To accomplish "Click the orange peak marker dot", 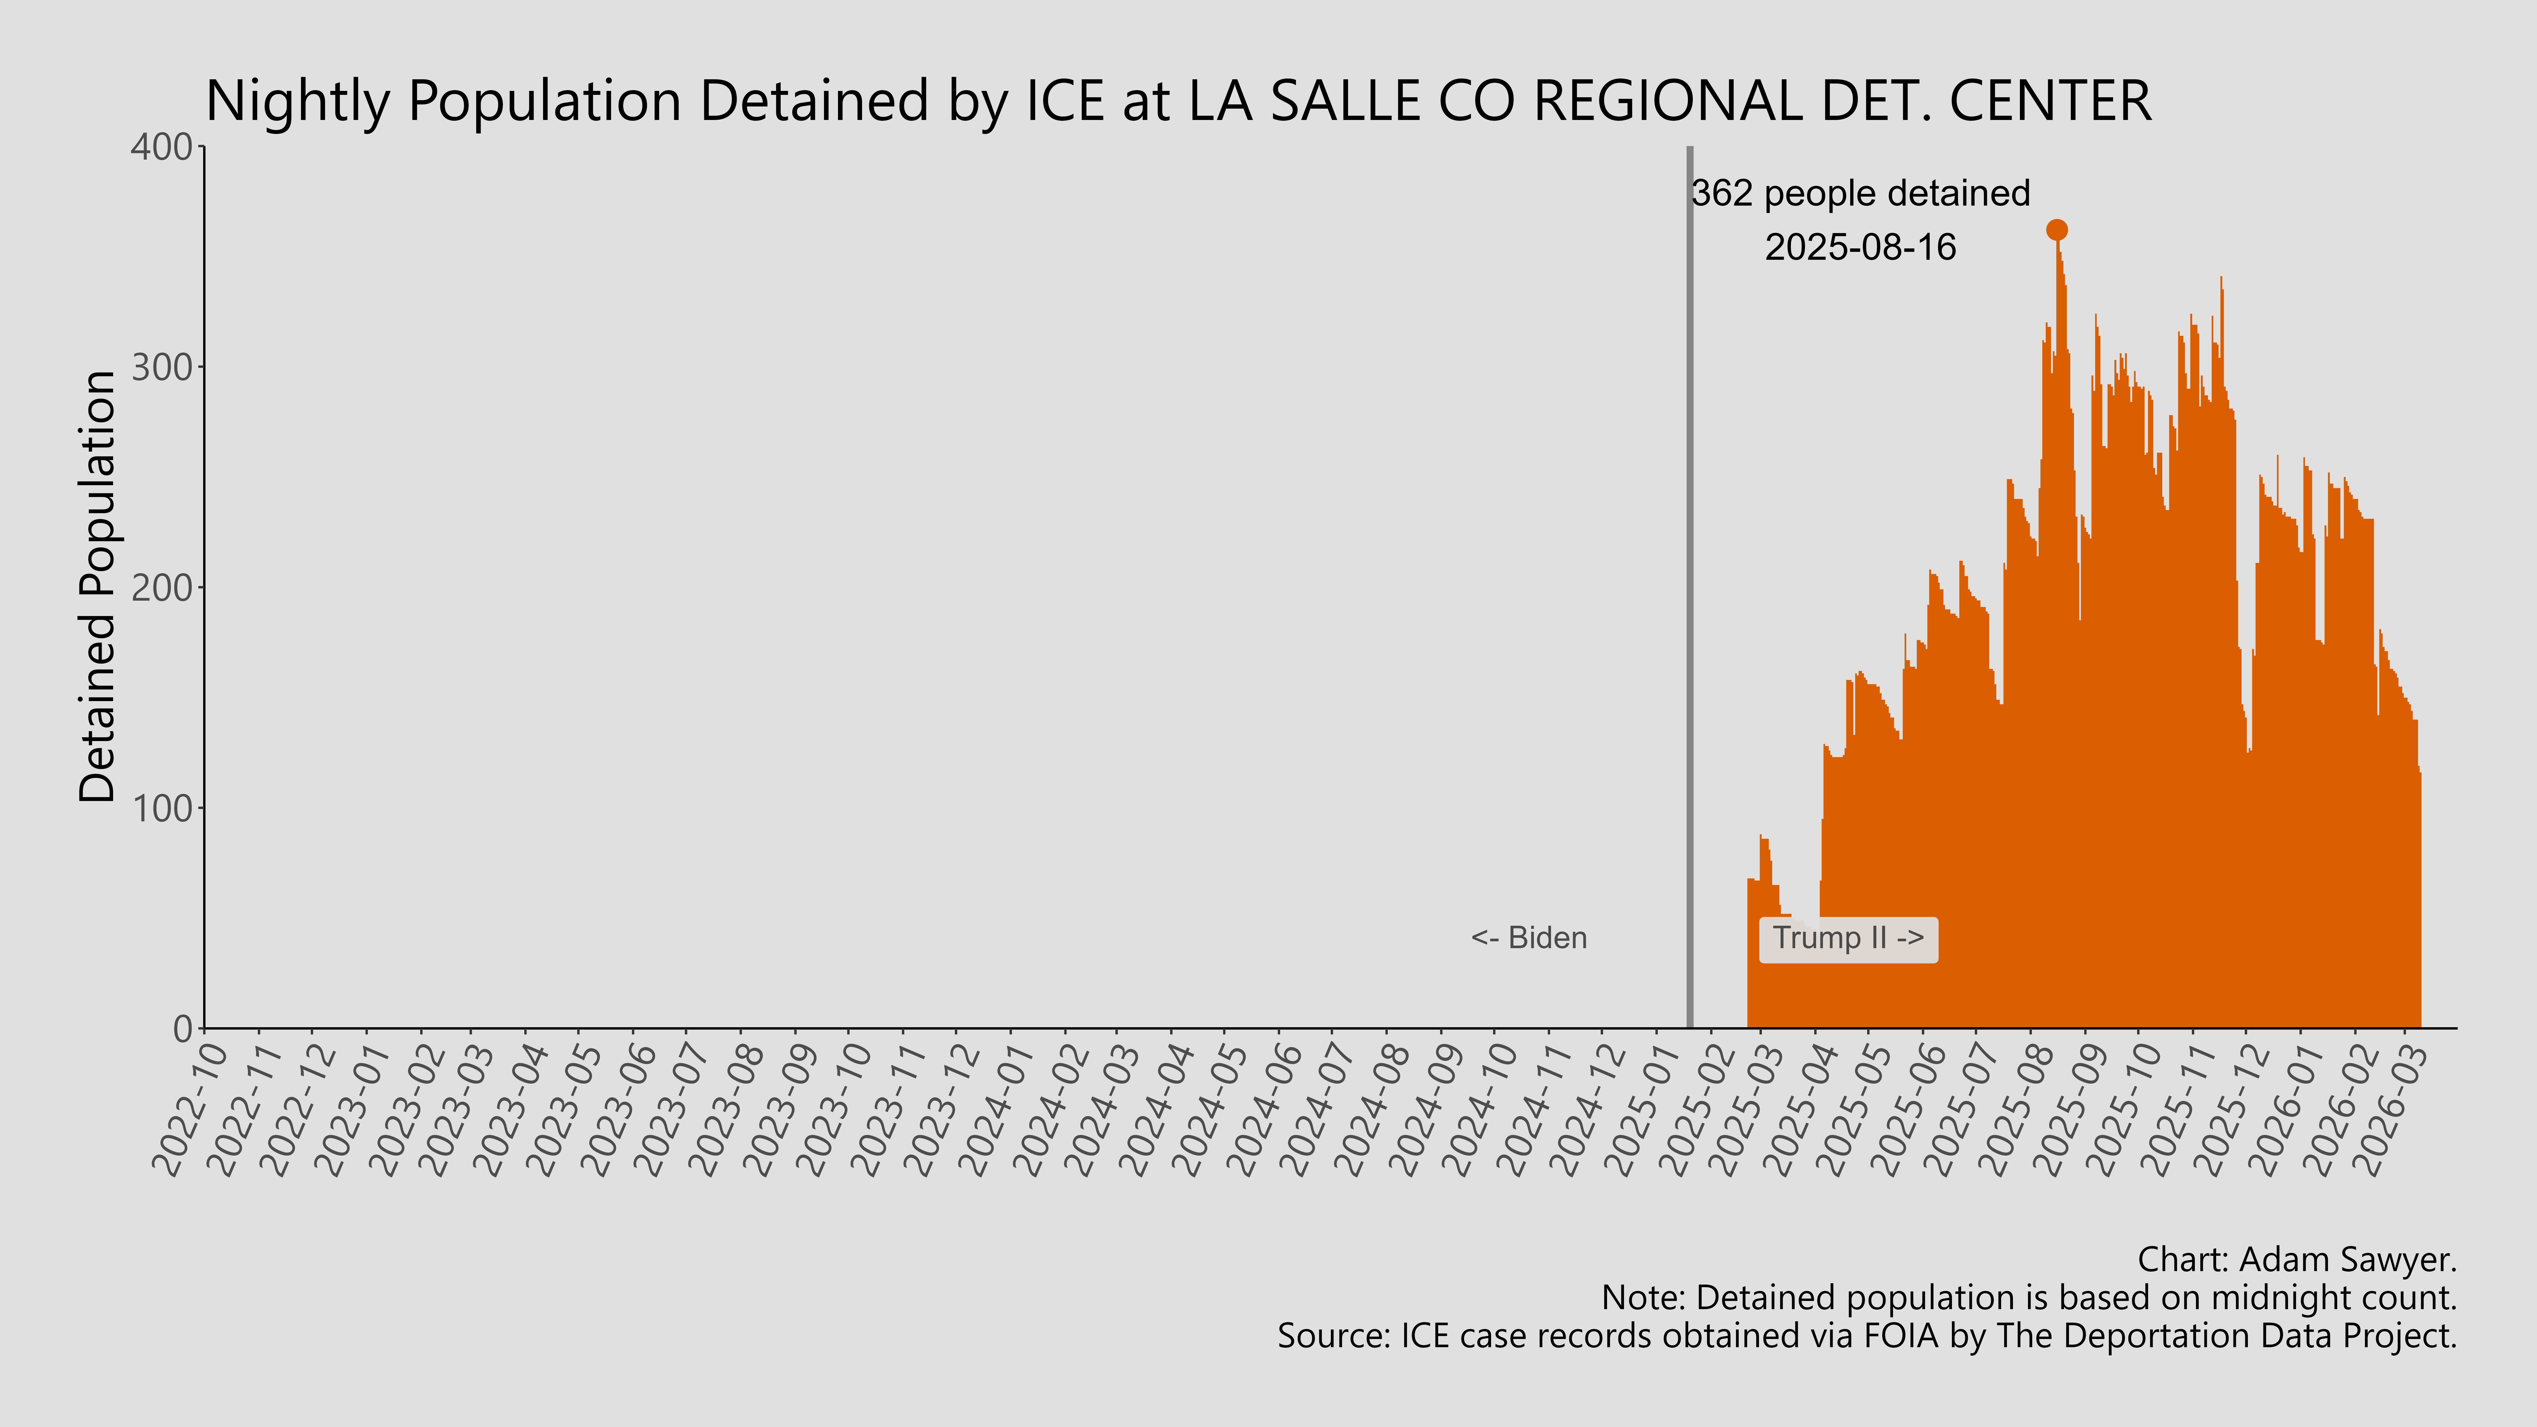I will [2056, 229].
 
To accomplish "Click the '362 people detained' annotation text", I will [1860, 193].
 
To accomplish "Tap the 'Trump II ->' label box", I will [1848, 939].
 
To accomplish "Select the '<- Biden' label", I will [1529, 939].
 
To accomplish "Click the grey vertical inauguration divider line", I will [1690, 591].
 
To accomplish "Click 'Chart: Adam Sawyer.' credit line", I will [2297, 1259].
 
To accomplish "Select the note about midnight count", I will [2029, 1298].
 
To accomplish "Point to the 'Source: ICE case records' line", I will [1866, 1336].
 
